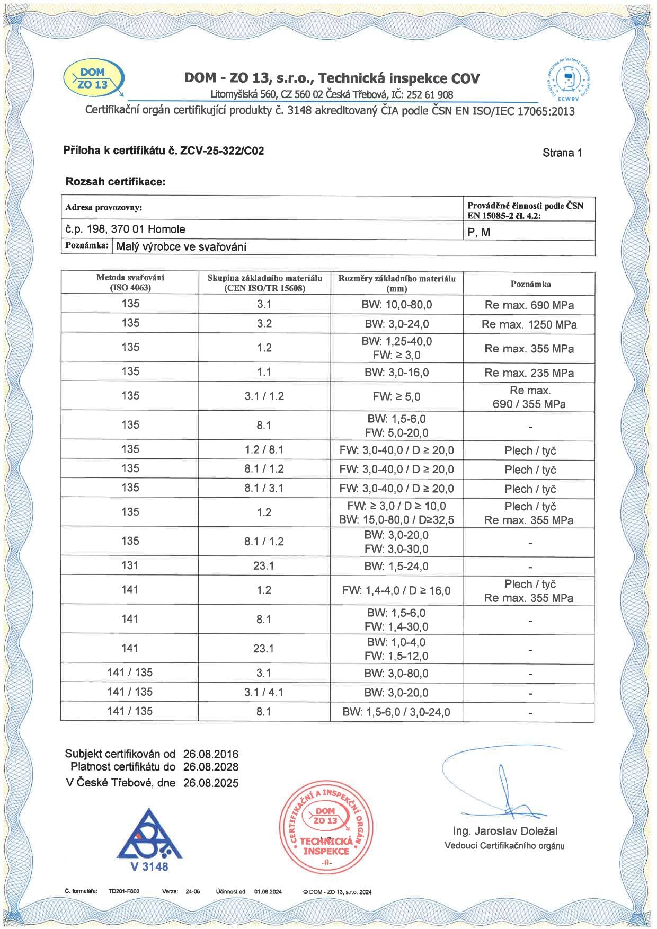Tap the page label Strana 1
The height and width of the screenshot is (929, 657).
point(562,153)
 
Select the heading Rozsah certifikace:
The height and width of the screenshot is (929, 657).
point(116,182)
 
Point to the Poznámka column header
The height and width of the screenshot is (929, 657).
point(530,284)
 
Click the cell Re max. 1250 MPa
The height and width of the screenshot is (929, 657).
point(529,324)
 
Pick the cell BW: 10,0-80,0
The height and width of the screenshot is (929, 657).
point(397,305)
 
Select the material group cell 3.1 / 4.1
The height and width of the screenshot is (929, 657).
point(264,692)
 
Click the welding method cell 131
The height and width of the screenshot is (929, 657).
point(130,565)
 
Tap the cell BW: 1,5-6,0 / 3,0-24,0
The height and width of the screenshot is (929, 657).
point(396,712)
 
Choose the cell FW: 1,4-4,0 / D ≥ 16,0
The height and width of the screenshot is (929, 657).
point(396,590)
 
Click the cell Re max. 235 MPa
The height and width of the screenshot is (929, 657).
point(529,373)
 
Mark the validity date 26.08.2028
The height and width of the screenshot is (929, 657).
point(211,767)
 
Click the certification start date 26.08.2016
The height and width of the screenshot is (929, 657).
point(211,754)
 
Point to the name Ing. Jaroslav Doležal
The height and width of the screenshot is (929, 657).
point(504,831)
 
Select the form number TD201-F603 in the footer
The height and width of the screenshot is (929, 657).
point(124,891)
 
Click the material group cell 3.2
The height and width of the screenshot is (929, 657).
point(264,324)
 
